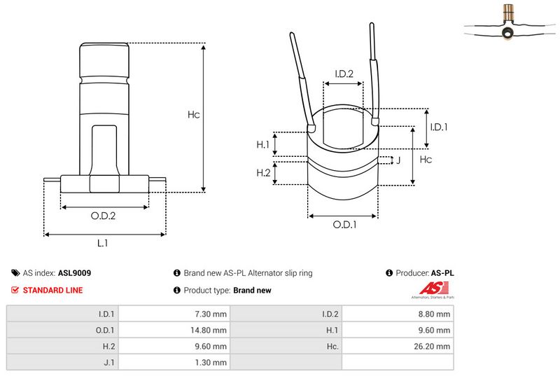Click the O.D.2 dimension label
point(103,216)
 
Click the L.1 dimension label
point(102,243)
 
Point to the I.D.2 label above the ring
point(343,74)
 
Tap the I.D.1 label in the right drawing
point(438,127)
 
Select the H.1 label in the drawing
point(263,144)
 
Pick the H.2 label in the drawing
point(263,172)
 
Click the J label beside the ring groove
point(398,160)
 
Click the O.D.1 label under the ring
point(344,225)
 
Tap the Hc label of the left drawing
point(194,114)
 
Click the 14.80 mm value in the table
point(209,330)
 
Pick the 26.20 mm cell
point(433,347)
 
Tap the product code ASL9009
point(74,273)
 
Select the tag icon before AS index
point(16,273)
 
